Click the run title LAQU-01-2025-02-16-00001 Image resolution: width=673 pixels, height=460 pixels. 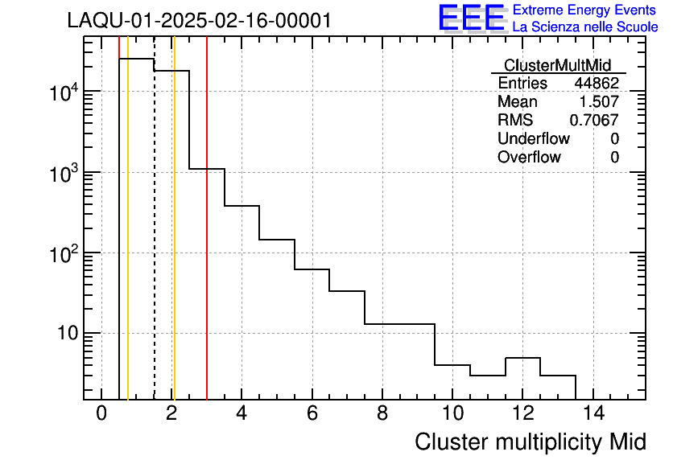[x=199, y=20]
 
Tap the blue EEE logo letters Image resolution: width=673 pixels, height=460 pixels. [x=471, y=18]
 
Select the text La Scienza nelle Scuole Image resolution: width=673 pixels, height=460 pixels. [x=585, y=27]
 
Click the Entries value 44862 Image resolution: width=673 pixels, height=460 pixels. [x=596, y=84]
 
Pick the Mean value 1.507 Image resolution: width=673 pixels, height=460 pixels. [x=599, y=102]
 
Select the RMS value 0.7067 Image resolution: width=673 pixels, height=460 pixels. [x=594, y=121]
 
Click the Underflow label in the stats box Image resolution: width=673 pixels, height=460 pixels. [x=533, y=138]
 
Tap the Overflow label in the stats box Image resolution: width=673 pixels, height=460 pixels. [x=529, y=157]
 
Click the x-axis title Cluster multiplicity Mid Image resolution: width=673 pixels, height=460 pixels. [x=530, y=442]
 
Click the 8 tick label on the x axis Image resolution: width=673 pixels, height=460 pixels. [x=382, y=414]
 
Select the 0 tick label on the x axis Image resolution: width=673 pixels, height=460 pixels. [x=101, y=414]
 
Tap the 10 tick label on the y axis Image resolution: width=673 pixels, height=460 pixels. [x=70, y=333]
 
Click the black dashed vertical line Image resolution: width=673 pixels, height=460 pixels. [x=154, y=241]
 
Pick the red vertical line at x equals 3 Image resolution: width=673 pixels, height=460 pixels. [x=207, y=241]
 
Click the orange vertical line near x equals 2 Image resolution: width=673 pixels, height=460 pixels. [x=174, y=241]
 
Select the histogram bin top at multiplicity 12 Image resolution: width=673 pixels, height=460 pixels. [x=522, y=358]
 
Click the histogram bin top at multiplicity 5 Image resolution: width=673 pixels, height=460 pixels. [x=276, y=239]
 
